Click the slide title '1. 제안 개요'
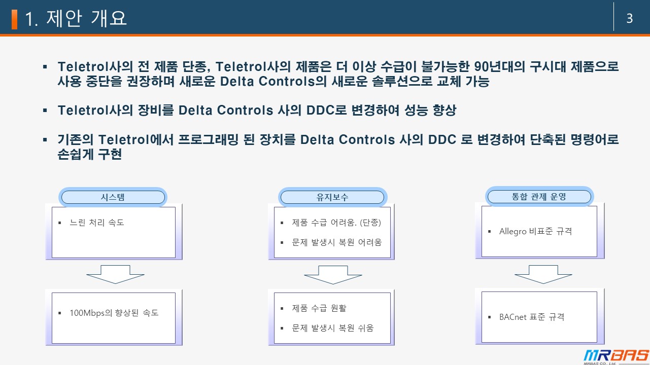pyautogui.click(x=76, y=19)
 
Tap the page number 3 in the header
pyautogui.click(x=630, y=19)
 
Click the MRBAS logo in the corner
pyautogui.click(x=615, y=356)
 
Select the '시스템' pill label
pyautogui.click(x=113, y=197)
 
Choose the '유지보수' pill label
pyautogui.click(x=332, y=197)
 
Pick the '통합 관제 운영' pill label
pyautogui.click(x=539, y=197)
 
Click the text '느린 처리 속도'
pyautogui.click(x=97, y=223)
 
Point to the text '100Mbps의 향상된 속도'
pyautogui.click(x=114, y=313)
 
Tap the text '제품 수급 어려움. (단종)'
pyautogui.click(x=336, y=223)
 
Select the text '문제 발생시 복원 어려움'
pyautogui.click(x=336, y=242)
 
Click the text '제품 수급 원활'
pyautogui.click(x=319, y=308)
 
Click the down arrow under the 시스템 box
pyautogui.click(x=115, y=274)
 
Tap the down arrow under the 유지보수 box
pyautogui.click(x=333, y=274)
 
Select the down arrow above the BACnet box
pyautogui.click(x=543, y=274)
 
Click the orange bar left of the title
pyautogui.click(x=14, y=19)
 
